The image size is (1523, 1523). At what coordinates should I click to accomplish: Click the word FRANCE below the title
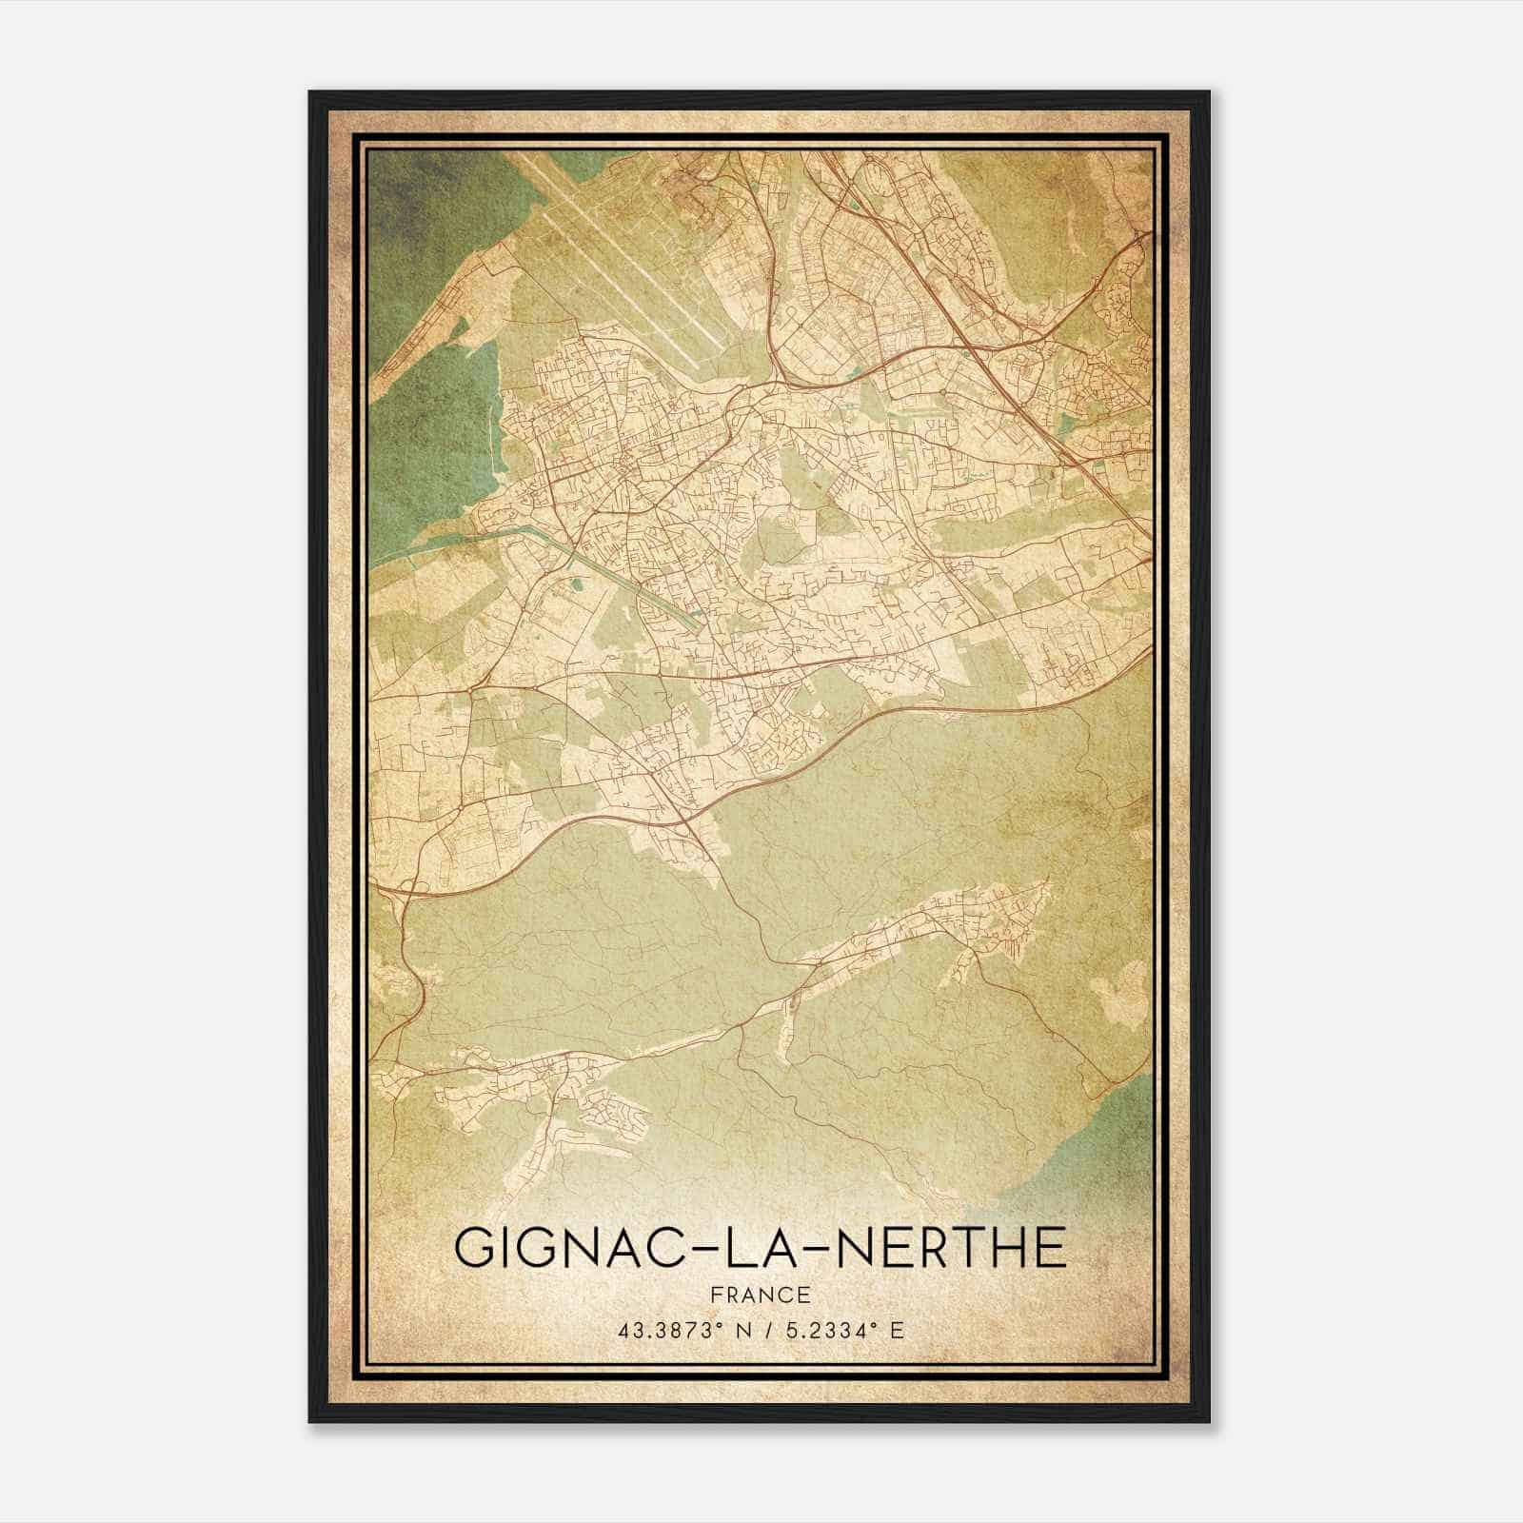pyautogui.click(x=760, y=1295)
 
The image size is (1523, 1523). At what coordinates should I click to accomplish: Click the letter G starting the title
pyautogui.click(x=475, y=1248)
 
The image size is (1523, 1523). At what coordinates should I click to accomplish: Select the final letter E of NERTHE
pyautogui.click(x=1049, y=1248)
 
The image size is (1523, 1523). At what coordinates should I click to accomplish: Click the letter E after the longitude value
pyautogui.click(x=897, y=1330)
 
